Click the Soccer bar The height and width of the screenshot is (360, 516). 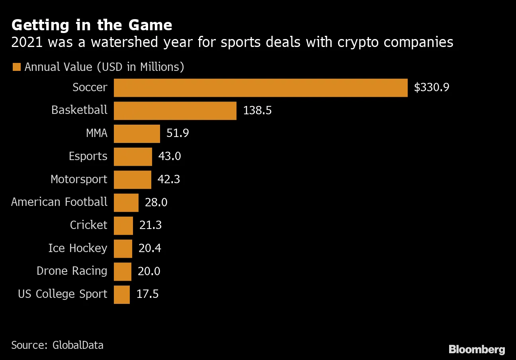pyautogui.click(x=261, y=88)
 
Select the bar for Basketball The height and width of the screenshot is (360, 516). pyautogui.click(x=175, y=111)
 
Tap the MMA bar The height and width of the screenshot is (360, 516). pyautogui.click(x=137, y=133)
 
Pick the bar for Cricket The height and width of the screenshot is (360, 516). pyautogui.click(x=123, y=225)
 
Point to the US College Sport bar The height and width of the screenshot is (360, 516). pyautogui.click(x=122, y=295)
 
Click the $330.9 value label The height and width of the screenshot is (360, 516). pyautogui.click(x=432, y=88)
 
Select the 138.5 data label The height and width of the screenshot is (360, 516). pyautogui.click(x=257, y=111)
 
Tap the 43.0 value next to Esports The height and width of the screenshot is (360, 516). pyautogui.click(x=170, y=156)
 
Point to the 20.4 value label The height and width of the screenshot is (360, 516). pyautogui.click(x=150, y=248)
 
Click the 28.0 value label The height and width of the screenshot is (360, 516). pyautogui.click(x=156, y=202)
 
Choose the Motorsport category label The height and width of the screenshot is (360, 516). pyautogui.click(x=79, y=179)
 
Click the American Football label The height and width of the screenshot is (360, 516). pyautogui.click(x=59, y=202)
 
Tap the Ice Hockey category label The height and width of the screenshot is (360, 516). pyautogui.click(x=78, y=248)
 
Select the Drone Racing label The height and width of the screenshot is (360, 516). pyautogui.click(x=72, y=271)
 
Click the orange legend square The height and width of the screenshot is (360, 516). pyautogui.click(x=16, y=67)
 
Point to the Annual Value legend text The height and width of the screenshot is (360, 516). pyautogui.click(x=104, y=67)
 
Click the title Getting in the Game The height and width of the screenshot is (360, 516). pyautogui.click(x=92, y=25)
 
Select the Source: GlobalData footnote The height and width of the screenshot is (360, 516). pyautogui.click(x=57, y=345)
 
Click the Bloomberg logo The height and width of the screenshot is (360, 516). pyautogui.click(x=477, y=350)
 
